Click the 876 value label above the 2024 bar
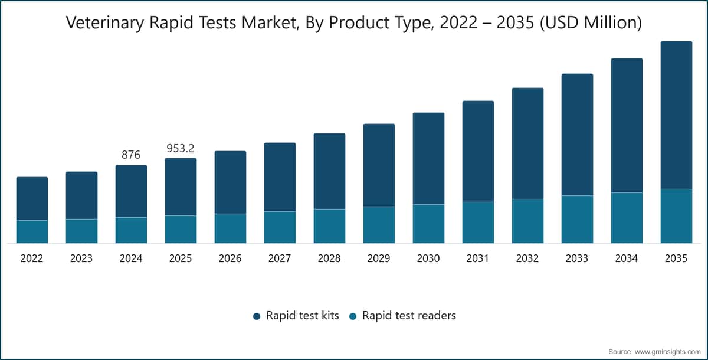[131, 155]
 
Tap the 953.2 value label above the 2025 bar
[181, 148]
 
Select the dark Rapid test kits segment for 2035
[676, 115]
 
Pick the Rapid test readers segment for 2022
[32, 232]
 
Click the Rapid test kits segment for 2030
[428, 158]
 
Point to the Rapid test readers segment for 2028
[329, 226]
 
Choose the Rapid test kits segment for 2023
[81, 195]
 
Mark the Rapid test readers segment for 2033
[577, 220]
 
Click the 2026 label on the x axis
[230, 258]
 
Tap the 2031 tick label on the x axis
[477, 258]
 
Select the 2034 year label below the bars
[627, 258]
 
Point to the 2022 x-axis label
[32, 258]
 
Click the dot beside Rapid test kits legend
[257, 316]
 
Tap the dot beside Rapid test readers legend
[353, 316]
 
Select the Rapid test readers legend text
[409, 315]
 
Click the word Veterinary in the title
[105, 23]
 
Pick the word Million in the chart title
[609, 22]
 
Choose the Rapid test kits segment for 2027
[280, 177]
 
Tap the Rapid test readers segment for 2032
[527, 221]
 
